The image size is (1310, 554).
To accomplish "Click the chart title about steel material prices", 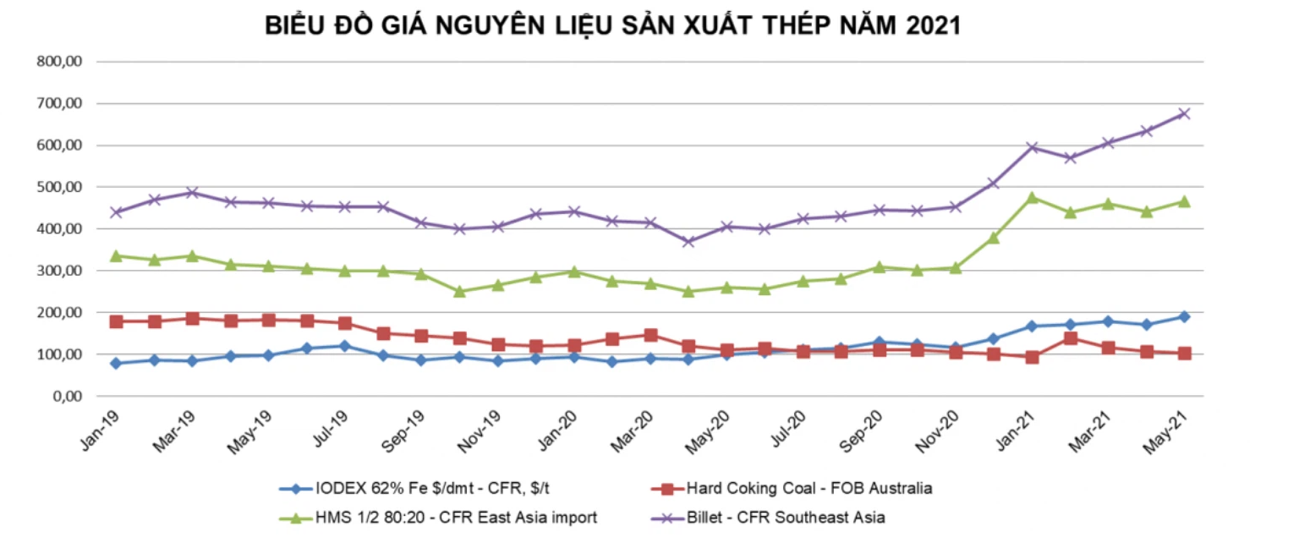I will pos(613,26).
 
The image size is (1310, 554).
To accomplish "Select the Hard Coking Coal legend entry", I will pos(798,489).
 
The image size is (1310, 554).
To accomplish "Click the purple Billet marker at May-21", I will pos(1185,113).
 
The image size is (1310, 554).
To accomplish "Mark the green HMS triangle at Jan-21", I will pos(1032,197).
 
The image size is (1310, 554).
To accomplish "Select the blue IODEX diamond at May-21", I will pos(1185,316).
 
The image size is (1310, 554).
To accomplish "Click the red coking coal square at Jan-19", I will pos(117,321).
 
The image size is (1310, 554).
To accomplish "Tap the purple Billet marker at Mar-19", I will pos(193,192).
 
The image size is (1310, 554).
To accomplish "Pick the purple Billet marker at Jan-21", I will pos(1032,147).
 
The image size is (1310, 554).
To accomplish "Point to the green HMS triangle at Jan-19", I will pos(117,255).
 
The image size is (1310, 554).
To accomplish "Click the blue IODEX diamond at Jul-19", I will pos(345,345).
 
